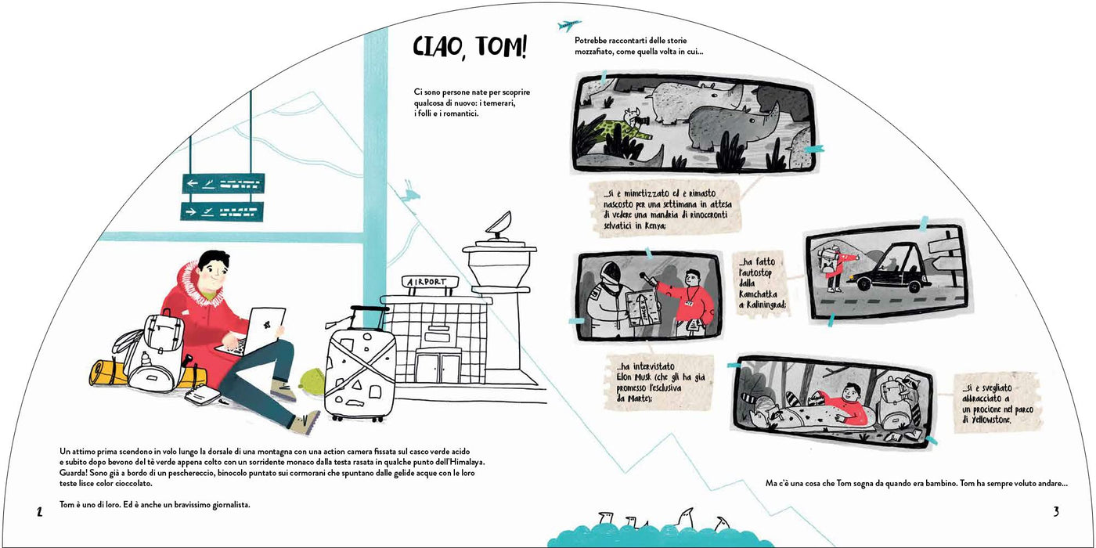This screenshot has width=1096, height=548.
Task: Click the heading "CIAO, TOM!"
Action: pyautogui.click(x=470, y=48)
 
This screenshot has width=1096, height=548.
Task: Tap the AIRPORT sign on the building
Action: pyautogui.click(x=430, y=282)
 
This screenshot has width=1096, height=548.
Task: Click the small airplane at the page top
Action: pyautogui.click(x=568, y=24)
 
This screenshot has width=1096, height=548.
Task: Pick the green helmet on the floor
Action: pyautogui.click(x=312, y=382)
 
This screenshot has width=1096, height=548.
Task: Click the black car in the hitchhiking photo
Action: pyautogui.click(x=888, y=268)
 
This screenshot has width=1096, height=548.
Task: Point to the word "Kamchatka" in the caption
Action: pyautogui.click(x=758, y=294)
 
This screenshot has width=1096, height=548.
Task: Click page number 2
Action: pyautogui.click(x=40, y=512)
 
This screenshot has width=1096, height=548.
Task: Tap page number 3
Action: pyautogui.click(x=1056, y=511)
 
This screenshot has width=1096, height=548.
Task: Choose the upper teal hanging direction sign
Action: pyautogui.click(x=224, y=183)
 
